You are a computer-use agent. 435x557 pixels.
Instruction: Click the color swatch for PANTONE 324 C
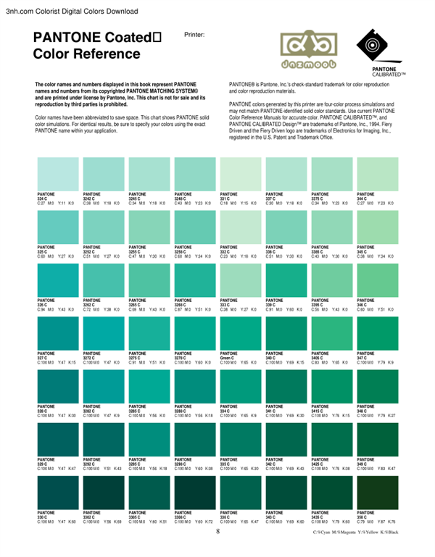(x=57, y=175)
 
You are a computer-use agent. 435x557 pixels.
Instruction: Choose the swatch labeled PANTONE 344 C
(x=378, y=175)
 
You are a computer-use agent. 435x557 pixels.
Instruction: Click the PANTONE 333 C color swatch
(x=240, y=280)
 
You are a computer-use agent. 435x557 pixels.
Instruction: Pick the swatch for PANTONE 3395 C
(x=331, y=280)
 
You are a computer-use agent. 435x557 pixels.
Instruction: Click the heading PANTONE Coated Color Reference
(x=98, y=46)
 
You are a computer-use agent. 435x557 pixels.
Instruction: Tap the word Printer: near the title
(x=194, y=34)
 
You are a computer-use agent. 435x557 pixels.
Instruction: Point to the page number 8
(x=217, y=532)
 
